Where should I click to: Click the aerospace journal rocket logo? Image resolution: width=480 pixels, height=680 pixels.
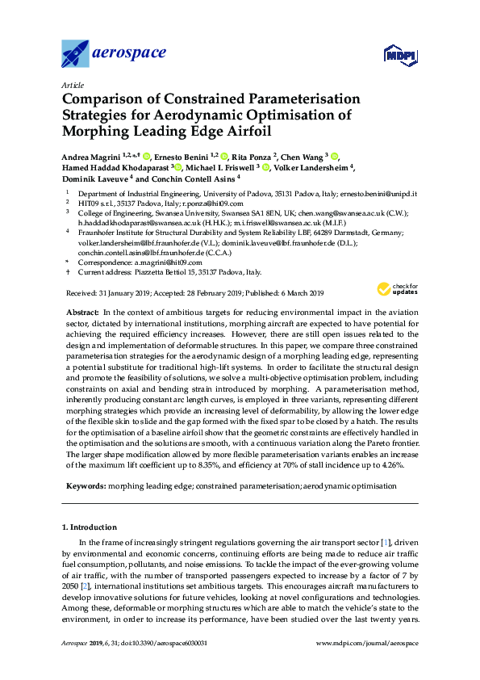pos(77,54)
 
